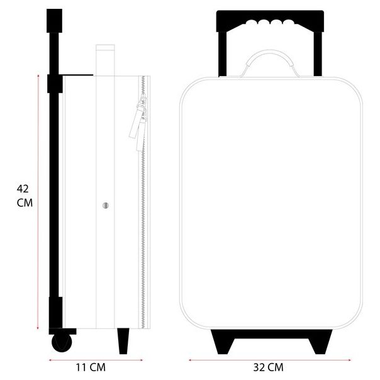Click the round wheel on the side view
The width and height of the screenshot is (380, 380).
(x=62, y=342)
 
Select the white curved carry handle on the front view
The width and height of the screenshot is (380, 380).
(x=270, y=59)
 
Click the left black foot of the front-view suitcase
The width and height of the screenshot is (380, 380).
(x=223, y=342)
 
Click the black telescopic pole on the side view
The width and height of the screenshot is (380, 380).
(x=55, y=176)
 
